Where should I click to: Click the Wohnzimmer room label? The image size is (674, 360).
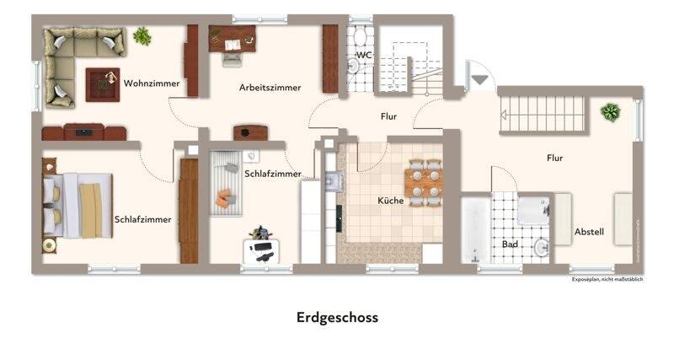click(x=152, y=83)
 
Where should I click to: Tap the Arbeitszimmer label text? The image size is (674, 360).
click(x=270, y=87)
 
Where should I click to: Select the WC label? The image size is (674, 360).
click(x=364, y=56)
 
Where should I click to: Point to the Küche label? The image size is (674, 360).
click(x=391, y=201)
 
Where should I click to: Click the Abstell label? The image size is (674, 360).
click(x=589, y=232)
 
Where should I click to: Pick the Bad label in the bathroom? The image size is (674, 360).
click(x=510, y=244)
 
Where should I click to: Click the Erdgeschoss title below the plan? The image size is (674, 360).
click(x=337, y=318)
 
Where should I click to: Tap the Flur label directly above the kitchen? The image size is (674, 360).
click(x=388, y=116)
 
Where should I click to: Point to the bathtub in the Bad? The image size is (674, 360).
click(x=474, y=230)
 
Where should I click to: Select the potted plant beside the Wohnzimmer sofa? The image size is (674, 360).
click(x=142, y=36)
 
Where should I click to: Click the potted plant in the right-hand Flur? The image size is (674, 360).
click(x=610, y=111)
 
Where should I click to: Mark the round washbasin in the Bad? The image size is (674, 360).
click(x=542, y=248)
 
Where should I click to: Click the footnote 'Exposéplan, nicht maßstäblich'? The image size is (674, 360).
click(x=607, y=279)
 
